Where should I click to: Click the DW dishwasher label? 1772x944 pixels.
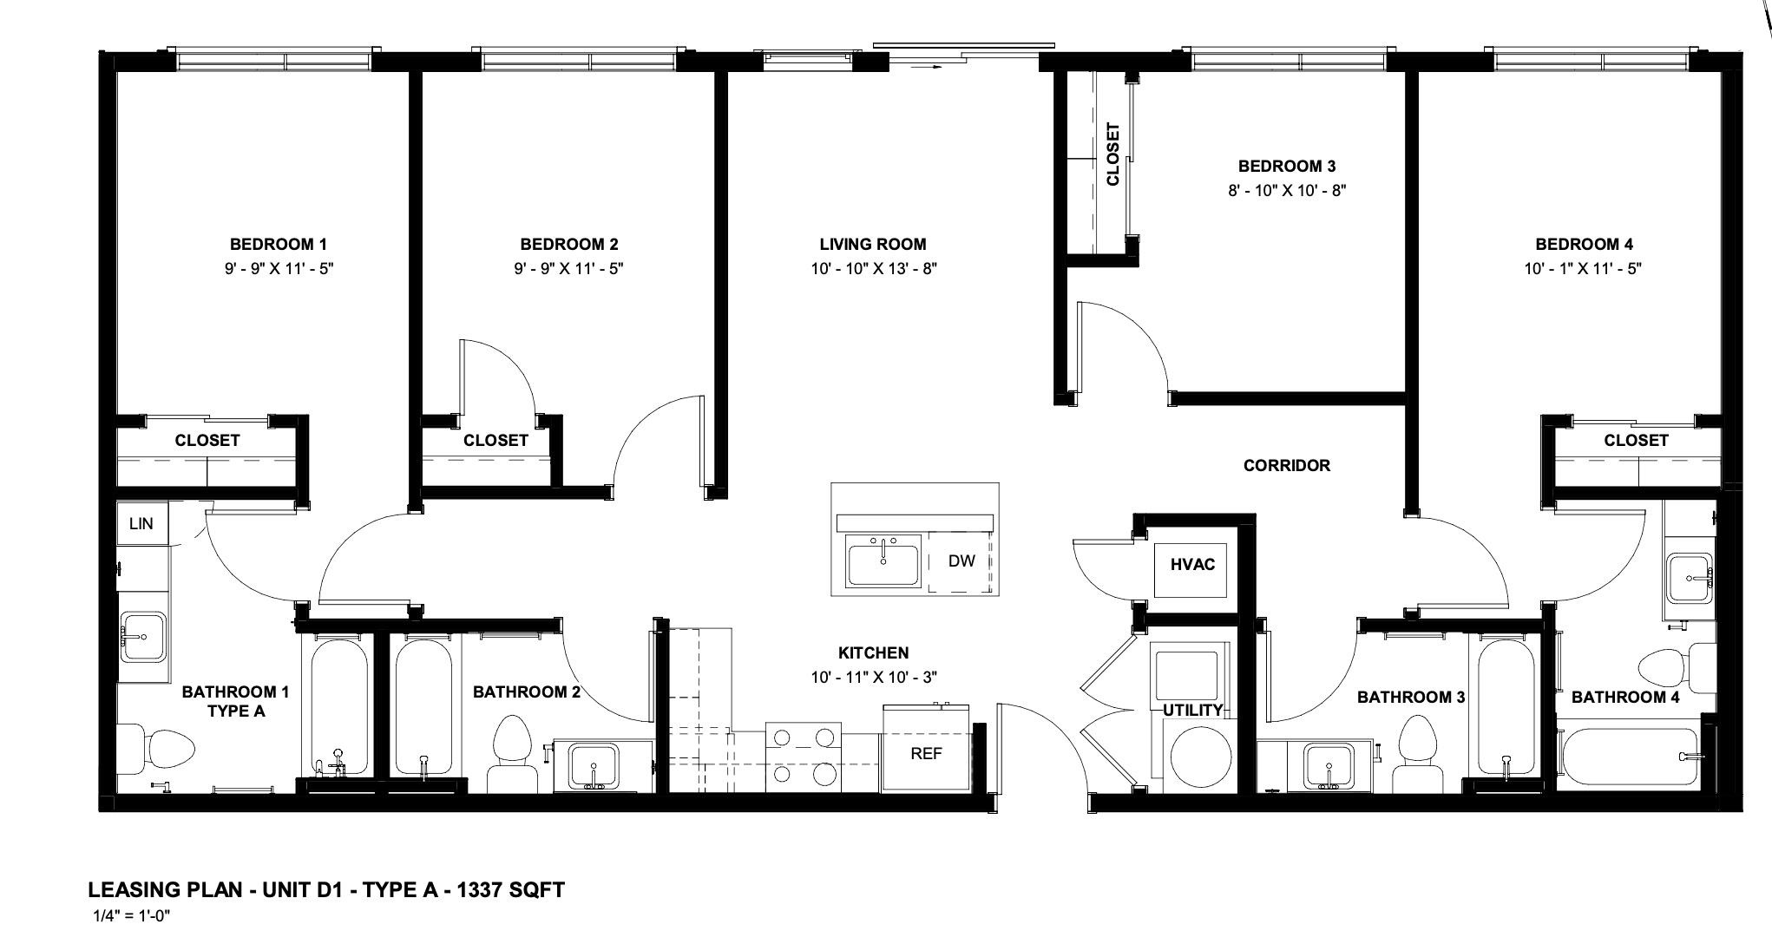click(x=961, y=560)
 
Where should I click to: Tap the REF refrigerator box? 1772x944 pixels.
click(x=926, y=753)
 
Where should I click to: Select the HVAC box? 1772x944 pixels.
click(x=1192, y=564)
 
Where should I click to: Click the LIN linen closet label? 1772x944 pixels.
click(x=141, y=523)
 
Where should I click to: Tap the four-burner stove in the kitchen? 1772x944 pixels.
click(x=803, y=755)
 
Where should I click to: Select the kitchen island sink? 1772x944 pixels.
click(x=883, y=561)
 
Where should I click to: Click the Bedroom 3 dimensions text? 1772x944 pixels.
click(x=1286, y=190)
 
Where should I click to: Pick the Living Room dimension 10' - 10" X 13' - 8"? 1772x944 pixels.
click(x=873, y=269)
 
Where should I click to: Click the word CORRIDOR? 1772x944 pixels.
click(x=1286, y=465)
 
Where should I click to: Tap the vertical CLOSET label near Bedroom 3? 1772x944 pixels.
click(x=1113, y=154)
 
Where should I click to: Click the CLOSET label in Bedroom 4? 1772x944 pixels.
click(x=1635, y=440)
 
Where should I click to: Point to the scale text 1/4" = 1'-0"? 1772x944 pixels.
click(x=138, y=915)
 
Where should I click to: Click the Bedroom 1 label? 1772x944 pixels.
click(x=278, y=245)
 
